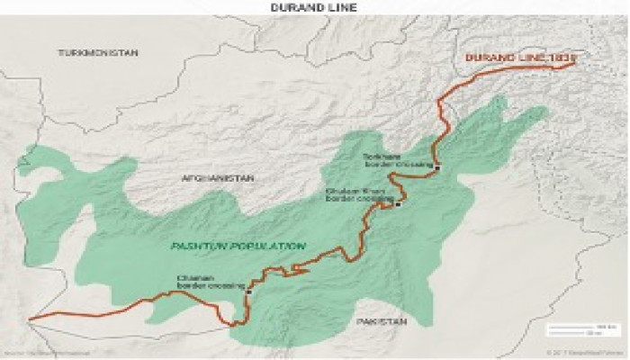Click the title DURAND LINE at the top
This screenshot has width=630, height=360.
(314, 7)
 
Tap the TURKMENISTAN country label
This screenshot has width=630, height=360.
(98, 53)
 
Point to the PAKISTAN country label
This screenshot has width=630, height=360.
(382, 320)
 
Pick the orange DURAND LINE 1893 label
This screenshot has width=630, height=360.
(518, 58)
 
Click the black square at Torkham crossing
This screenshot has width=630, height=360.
(436, 167)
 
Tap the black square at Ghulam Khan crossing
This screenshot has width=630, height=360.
(397, 204)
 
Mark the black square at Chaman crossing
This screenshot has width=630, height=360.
(247, 291)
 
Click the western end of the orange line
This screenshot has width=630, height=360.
(30, 318)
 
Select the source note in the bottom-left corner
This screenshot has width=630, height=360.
(40, 351)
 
